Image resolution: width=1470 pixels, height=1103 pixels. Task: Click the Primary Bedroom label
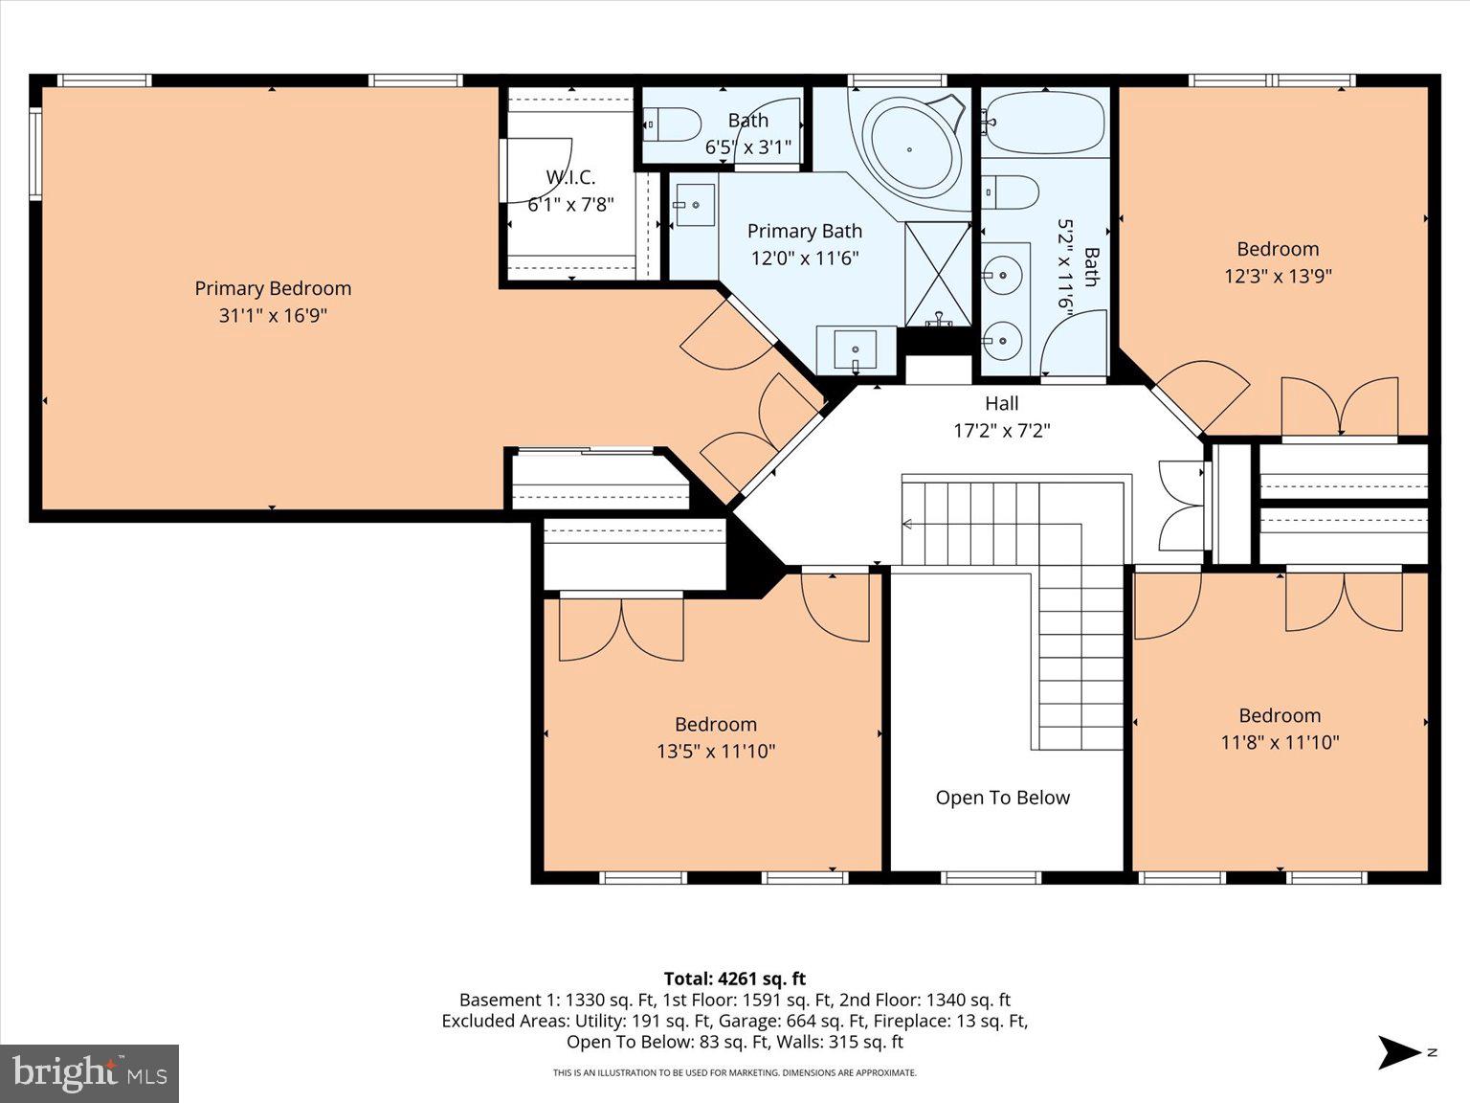click(x=273, y=288)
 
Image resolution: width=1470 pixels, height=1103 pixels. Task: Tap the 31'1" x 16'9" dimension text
click(x=273, y=315)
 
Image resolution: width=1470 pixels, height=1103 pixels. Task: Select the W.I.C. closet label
click(x=570, y=177)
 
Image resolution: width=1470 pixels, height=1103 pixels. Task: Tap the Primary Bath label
click(x=804, y=231)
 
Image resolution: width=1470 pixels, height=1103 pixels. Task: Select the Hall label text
click(x=1001, y=403)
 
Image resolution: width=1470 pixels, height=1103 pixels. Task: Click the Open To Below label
click(x=1002, y=798)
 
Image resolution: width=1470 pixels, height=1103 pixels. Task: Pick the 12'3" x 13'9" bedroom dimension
click(x=1278, y=276)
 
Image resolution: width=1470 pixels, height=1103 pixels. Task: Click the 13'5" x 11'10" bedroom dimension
click(x=715, y=752)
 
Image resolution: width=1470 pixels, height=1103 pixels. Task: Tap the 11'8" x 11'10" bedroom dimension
click(x=1280, y=742)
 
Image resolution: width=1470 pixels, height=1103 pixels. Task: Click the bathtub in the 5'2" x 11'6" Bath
click(x=1045, y=123)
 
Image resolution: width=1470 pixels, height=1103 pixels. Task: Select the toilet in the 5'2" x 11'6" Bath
click(x=1012, y=191)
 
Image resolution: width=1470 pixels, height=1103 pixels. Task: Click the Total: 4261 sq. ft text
click(x=734, y=979)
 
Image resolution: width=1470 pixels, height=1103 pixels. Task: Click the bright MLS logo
click(x=90, y=1072)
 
